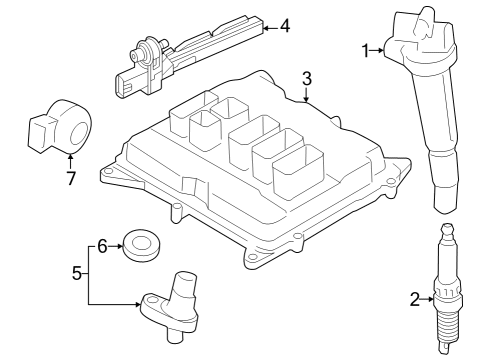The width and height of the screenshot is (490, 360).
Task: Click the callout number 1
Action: click(x=366, y=51)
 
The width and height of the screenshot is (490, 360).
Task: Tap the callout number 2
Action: click(x=415, y=299)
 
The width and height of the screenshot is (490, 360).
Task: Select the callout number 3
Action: click(x=307, y=79)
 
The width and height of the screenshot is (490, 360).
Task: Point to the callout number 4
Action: click(x=285, y=26)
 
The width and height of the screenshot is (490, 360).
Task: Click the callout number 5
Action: click(x=77, y=273)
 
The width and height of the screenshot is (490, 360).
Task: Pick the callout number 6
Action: click(x=102, y=247)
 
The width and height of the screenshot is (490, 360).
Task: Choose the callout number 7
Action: click(x=71, y=178)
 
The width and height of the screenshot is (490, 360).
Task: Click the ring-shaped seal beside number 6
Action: click(x=141, y=245)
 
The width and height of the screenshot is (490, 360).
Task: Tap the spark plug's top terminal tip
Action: click(x=447, y=229)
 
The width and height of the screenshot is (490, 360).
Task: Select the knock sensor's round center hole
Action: click(x=80, y=134)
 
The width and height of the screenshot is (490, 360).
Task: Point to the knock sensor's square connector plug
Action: click(x=39, y=134)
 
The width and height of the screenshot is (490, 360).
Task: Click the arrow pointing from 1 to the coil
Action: click(x=377, y=50)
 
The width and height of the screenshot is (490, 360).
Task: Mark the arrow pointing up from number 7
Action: click(x=70, y=161)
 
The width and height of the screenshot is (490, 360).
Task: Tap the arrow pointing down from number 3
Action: click(x=307, y=94)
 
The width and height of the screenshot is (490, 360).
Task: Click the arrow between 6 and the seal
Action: click(x=115, y=246)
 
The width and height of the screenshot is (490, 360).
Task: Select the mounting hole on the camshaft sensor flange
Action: click(x=151, y=300)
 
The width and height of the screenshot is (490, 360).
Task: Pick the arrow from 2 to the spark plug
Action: click(x=428, y=299)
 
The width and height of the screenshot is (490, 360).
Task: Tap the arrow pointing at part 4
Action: click(x=271, y=28)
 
